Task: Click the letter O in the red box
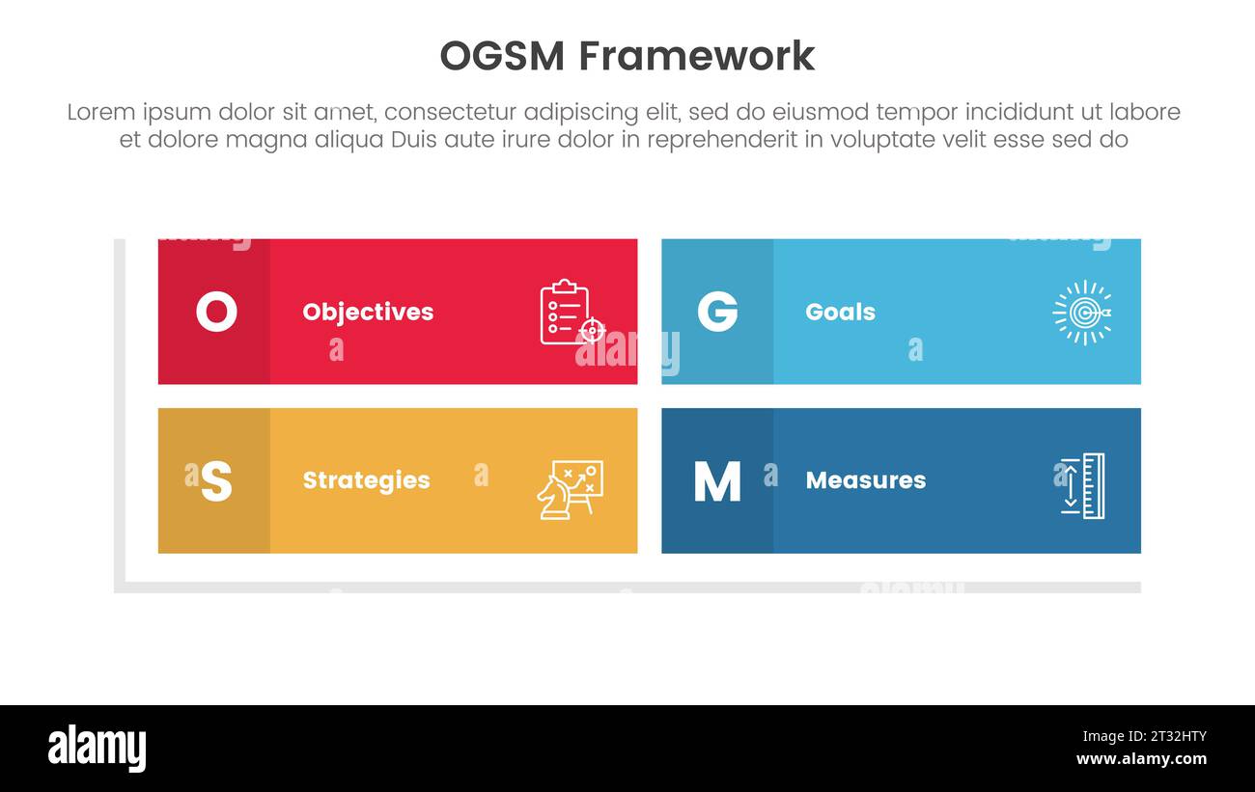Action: (x=216, y=312)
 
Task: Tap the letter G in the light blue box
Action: (x=717, y=312)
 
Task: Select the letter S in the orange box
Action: (x=216, y=480)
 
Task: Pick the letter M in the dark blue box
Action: (x=717, y=480)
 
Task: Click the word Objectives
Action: (x=368, y=312)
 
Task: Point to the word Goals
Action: (x=840, y=312)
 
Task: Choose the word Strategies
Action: (x=366, y=480)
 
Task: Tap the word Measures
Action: (x=865, y=480)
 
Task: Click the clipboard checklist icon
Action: (x=570, y=312)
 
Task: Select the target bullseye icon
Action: (x=1081, y=312)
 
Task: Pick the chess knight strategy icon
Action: (x=570, y=489)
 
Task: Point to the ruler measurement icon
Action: (x=1082, y=485)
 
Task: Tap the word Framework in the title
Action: (x=697, y=56)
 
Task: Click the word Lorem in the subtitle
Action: (x=100, y=112)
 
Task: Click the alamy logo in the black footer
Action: (x=98, y=749)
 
